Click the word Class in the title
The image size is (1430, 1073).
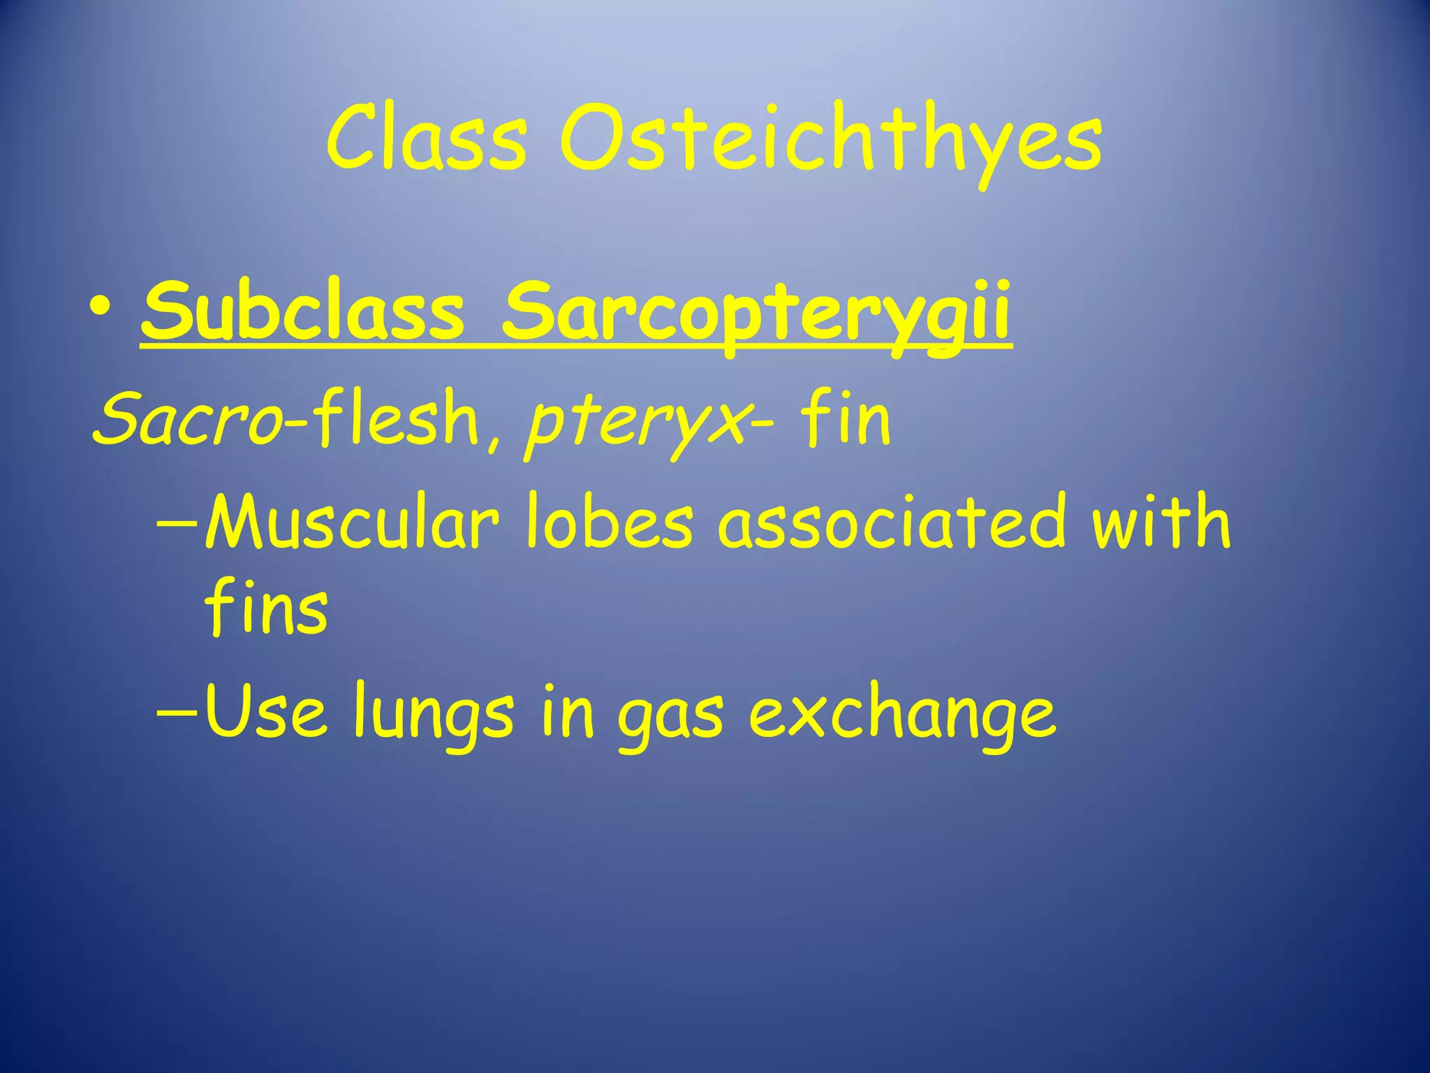[426, 138]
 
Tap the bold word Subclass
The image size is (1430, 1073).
[302, 311]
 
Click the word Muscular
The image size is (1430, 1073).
[352, 521]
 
